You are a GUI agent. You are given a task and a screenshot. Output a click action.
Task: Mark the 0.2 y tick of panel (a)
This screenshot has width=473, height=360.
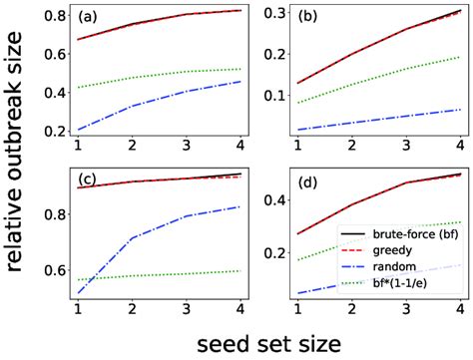(x=56, y=132)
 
